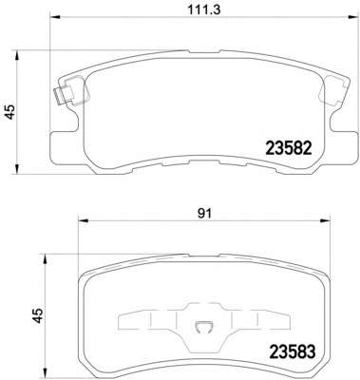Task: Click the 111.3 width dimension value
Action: tap(204, 9)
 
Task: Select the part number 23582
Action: tap(289, 148)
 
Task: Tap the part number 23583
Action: tap(292, 351)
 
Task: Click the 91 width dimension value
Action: tap(204, 214)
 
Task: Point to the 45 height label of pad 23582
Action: tap(10, 111)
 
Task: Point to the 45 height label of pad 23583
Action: tap(39, 315)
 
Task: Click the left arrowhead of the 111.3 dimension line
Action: tap(55, 16)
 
